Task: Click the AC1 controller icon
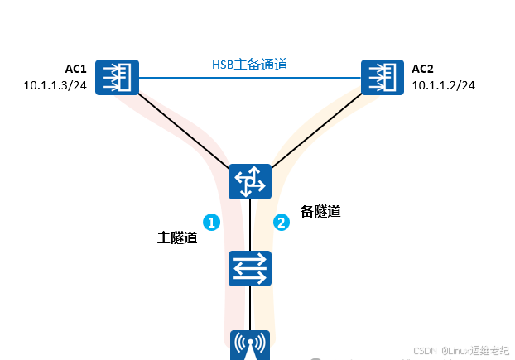117,78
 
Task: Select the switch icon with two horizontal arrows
250,267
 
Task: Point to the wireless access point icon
250,346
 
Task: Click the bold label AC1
76,68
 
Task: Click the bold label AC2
423,68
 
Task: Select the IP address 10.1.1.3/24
55,84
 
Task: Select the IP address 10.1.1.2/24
443,84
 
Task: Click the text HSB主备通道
249,65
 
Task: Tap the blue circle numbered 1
212,222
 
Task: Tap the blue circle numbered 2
282,222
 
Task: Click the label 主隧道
177,238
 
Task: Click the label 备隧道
320,211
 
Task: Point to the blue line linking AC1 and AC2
248,78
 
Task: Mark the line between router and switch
250,223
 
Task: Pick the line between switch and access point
250,306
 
